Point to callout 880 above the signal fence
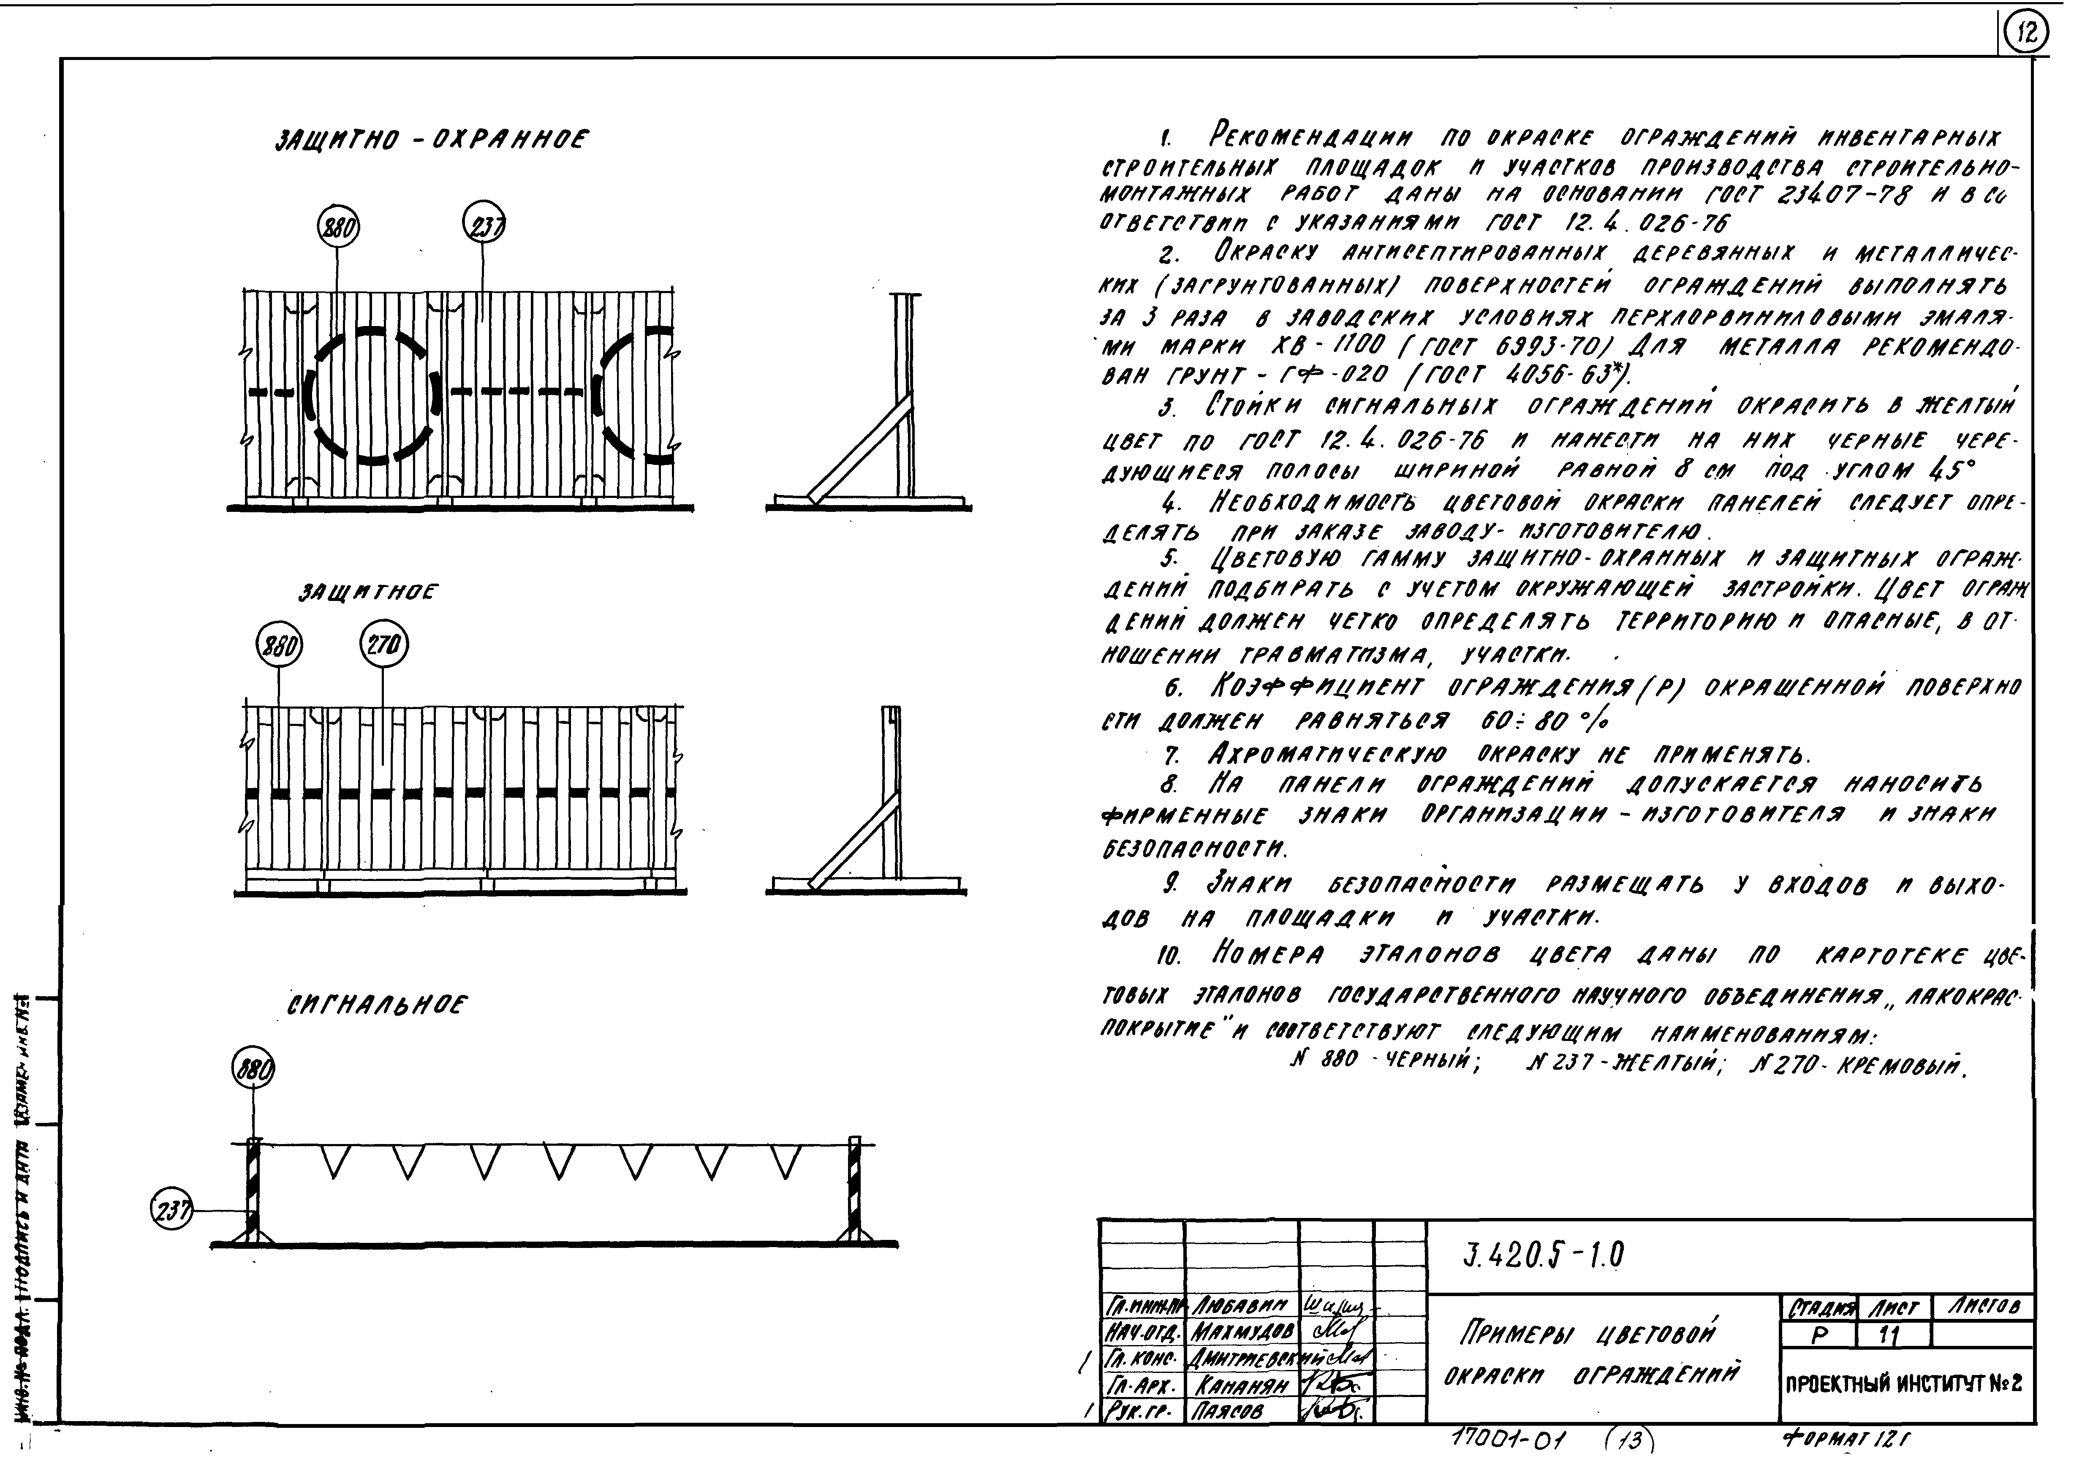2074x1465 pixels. (253, 1070)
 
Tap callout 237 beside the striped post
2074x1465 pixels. (171, 1210)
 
